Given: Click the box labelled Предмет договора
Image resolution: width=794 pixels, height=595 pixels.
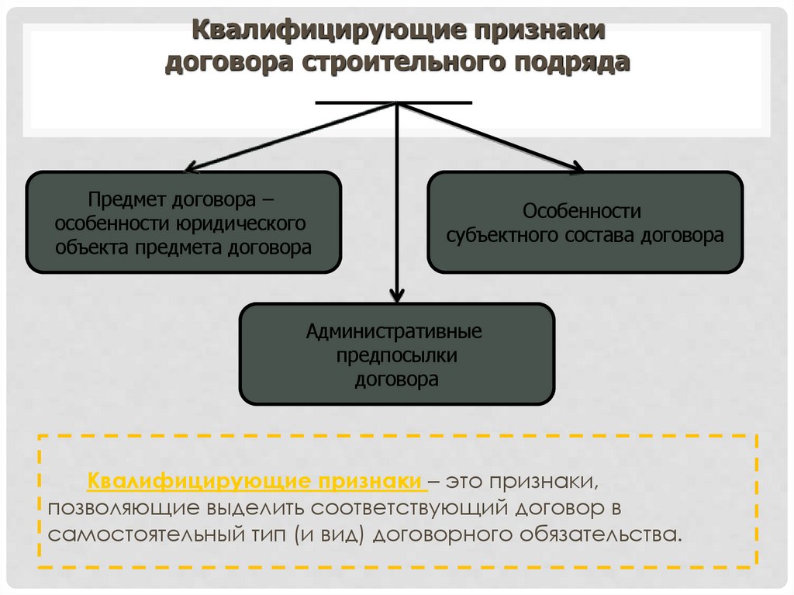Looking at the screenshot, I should tap(183, 223).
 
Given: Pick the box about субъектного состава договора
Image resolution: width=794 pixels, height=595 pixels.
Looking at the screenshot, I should tap(585, 223).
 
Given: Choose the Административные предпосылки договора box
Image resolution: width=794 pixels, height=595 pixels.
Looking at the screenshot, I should tap(396, 355).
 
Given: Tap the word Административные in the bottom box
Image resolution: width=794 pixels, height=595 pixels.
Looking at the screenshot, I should tap(394, 332).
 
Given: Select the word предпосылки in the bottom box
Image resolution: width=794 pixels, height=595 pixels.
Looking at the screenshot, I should tap(396, 356).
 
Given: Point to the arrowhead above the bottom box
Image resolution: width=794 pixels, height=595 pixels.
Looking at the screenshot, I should tap(397, 294).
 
